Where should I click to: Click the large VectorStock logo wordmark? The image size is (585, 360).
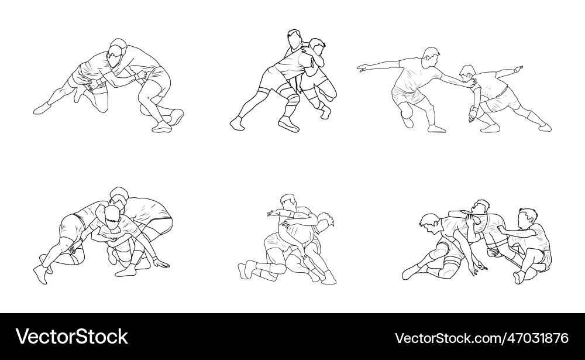click(71, 337)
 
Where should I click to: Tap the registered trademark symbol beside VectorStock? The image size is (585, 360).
click(131, 330)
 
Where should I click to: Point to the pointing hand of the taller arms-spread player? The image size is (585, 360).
click(363, 68)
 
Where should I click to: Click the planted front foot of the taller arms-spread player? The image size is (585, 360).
click(436, 128)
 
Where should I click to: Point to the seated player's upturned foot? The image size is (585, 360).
click(517, 276)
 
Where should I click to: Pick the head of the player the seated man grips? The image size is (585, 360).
click(481, 207)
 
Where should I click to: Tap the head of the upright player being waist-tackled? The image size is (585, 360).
click(294, 39)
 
